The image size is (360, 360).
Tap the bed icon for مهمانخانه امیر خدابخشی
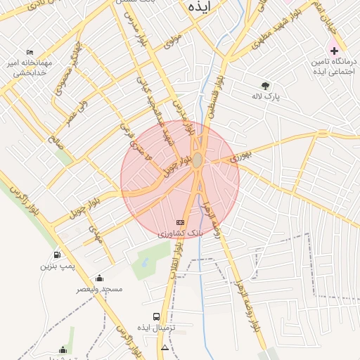[x=30, y=53]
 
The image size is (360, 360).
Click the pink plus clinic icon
[x=334, y=51]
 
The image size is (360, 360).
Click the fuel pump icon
[x=56, y=255]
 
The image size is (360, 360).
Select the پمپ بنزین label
[x=56, y=266]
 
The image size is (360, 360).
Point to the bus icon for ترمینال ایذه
[x=156, y=317]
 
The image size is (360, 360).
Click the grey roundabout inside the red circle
[x=198, y=161]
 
